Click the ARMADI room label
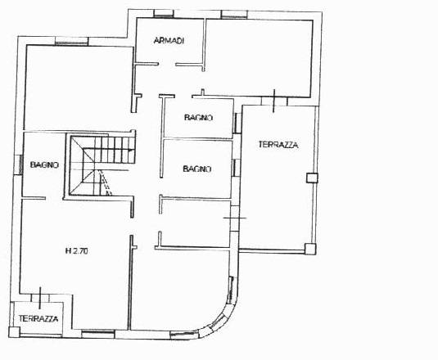coord(169,41)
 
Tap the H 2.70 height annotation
coord(76,251)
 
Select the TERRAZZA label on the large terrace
coord(278,145)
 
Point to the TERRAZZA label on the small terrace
coord(38,318)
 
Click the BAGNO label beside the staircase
coord(44,165)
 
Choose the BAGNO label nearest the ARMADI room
coord(198,118)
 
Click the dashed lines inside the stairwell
coord(106,182)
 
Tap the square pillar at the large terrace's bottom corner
coord(310,249)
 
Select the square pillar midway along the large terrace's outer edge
coord(312,178)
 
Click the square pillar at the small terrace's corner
coord(14,332)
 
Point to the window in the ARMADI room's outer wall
coord(165,14)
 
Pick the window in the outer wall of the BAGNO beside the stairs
coord(20,164)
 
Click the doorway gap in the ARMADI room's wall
coord(167,65)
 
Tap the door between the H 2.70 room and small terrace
coord(40,298)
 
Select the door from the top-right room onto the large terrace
coord(274,101)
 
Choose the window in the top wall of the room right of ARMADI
coord(234,15)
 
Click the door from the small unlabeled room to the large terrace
coord(235,218)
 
